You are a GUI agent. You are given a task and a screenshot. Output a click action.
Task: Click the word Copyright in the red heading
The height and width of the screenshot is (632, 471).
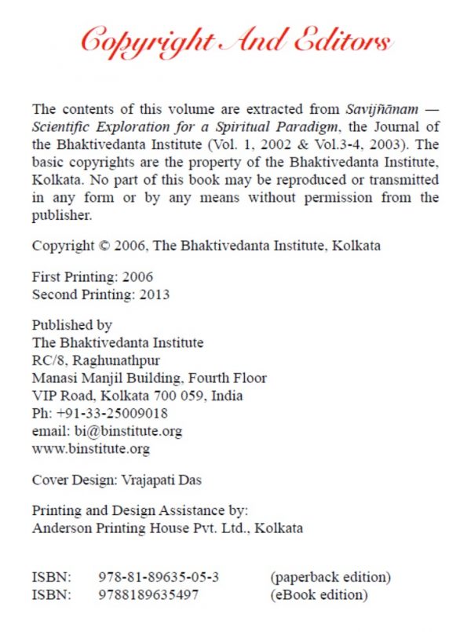(x=146, y=37)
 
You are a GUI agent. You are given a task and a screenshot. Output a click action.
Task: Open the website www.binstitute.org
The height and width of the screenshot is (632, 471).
(x=90, y=449)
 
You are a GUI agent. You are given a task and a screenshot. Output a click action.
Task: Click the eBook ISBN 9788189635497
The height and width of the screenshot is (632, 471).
(x=149, y=594)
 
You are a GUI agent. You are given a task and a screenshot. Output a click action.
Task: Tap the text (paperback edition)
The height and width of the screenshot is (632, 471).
(x=330, y=577)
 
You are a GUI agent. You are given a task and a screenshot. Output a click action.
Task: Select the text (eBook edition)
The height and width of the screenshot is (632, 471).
(x=319, y=594)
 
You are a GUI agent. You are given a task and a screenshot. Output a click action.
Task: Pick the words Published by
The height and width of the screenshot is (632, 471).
(x=71, y=324)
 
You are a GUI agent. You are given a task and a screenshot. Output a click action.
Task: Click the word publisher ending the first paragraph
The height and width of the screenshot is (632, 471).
(x=62, y=214)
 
